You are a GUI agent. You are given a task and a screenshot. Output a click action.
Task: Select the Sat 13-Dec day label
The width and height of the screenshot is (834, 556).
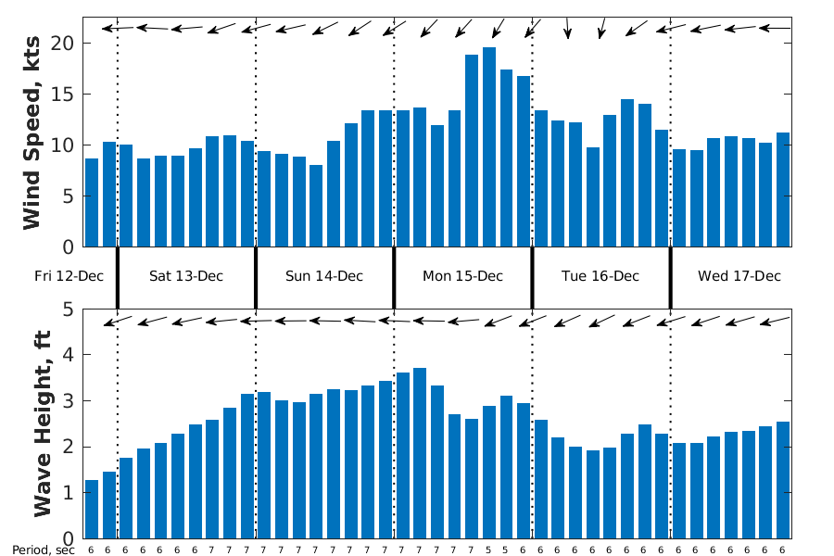186,276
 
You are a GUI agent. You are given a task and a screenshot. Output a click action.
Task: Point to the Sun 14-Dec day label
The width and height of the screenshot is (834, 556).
324,276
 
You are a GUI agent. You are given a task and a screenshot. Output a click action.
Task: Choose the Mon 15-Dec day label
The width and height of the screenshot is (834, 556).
462,276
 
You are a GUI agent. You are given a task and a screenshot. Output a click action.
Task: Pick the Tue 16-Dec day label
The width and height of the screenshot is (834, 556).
600,276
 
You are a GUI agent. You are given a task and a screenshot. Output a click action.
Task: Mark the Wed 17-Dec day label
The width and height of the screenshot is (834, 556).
739,276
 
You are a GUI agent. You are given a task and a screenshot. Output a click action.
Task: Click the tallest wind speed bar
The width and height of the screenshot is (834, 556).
489,148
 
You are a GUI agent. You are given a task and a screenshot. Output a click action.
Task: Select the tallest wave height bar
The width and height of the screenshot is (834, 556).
420,454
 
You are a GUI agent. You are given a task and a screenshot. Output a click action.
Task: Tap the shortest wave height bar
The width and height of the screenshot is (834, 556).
92,510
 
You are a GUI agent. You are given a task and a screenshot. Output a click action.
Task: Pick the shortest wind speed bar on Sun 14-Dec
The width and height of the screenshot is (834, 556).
316,206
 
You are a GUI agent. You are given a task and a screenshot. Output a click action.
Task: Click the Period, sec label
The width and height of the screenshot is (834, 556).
43,550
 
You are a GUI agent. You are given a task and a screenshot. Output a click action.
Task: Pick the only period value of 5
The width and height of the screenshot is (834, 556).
489,550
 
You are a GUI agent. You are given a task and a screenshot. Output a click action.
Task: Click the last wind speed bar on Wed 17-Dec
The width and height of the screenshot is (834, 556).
783,190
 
